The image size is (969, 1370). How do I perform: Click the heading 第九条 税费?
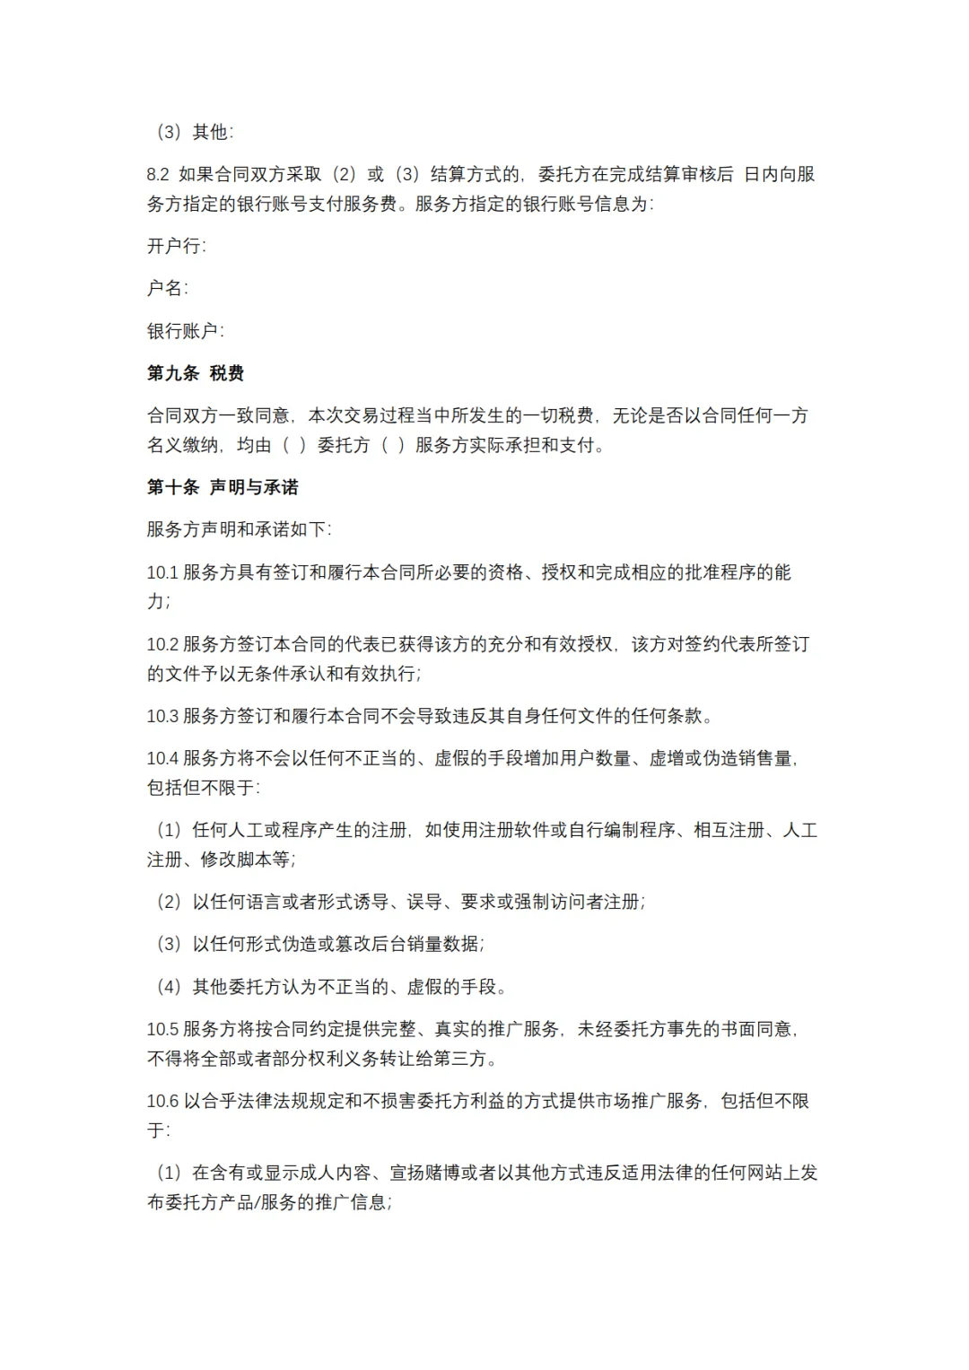[196, 373]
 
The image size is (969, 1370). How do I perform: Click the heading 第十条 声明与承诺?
[223, 487]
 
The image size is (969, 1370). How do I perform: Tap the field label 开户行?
[175, 246]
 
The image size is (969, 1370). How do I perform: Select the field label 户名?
[166, 288]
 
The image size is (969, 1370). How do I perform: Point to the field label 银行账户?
[184, 331]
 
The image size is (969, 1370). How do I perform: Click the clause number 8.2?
[158, 174]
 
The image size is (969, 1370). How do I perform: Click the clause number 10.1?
[162, 572]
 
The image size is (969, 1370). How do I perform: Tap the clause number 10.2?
[162, 644]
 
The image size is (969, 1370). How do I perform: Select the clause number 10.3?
[162, 716]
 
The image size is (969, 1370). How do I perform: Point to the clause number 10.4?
[162, 758]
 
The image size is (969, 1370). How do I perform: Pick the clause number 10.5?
[162, 1029]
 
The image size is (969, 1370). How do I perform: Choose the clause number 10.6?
[162, 1101]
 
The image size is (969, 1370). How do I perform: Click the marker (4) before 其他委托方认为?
[169, 987]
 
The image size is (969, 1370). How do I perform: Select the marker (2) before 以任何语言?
[169, 902]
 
